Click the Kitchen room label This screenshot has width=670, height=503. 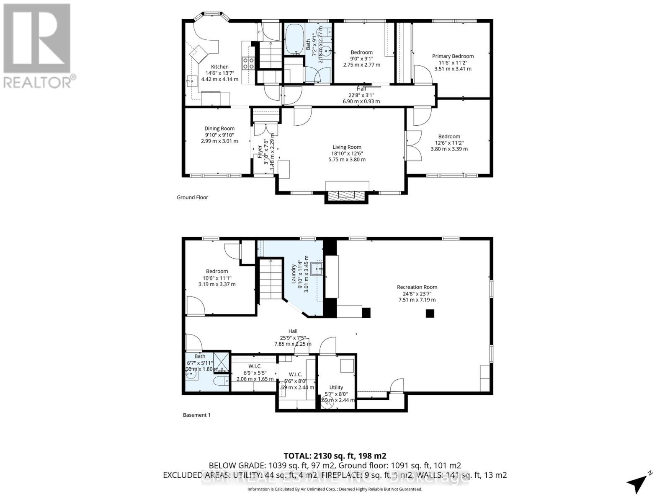tap(220, 67)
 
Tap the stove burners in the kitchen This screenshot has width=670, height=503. tap(248, 63)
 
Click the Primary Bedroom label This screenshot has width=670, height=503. tap(453, 56)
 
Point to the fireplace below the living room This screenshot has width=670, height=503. tap(346, 195)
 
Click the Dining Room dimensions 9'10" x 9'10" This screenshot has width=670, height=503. tap(219, 135)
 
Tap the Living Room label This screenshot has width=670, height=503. tap(347, 147)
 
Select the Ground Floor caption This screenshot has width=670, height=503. tap(192, 197)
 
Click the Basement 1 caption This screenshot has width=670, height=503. tap(196, 415)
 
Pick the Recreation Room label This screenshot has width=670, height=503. tap(417, 287)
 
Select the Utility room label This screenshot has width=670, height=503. tap(336, 387)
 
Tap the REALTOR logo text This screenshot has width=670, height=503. tap(40, 82)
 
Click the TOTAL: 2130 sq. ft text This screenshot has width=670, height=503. tap(335, 456)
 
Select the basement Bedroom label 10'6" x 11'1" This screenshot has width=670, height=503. tap(217, 271)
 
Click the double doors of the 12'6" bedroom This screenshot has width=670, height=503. tap(413, 145)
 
